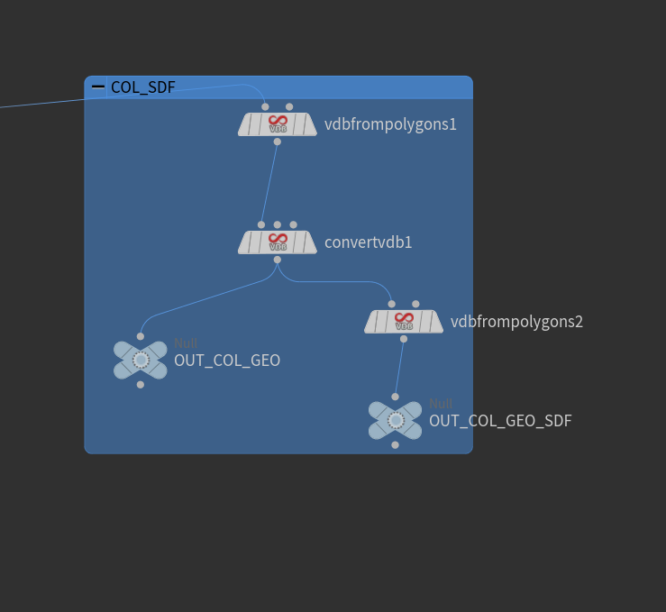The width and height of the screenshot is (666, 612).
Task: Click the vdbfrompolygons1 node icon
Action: point(278,124)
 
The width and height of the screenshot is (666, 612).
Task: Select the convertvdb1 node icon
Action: point(278,242)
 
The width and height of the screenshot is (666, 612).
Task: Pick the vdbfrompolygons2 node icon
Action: point(404,322)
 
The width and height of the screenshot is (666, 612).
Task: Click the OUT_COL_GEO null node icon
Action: point(141,360)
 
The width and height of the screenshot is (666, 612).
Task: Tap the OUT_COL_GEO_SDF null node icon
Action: point(395,420)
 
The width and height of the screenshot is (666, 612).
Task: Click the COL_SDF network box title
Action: point(142,87)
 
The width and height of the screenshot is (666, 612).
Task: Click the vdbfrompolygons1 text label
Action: point(390,124)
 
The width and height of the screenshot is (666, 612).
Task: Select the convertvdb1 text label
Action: point(368,242)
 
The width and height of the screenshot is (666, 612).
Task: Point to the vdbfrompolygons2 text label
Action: point(516,322)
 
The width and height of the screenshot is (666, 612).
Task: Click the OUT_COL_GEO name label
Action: point(227,361)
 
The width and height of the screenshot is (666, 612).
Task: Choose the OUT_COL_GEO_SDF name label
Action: point(500,421)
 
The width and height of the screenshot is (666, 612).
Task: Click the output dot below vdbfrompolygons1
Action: point(277,142)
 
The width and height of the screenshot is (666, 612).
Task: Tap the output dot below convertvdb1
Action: point(277,260)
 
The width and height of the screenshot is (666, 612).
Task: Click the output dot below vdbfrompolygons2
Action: point(403,339)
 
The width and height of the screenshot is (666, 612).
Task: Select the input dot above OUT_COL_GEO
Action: point(141,336)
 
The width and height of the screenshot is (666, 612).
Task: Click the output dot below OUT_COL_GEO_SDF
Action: point(395,444)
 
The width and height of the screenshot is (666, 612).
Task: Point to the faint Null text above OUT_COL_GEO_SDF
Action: point(441,404)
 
